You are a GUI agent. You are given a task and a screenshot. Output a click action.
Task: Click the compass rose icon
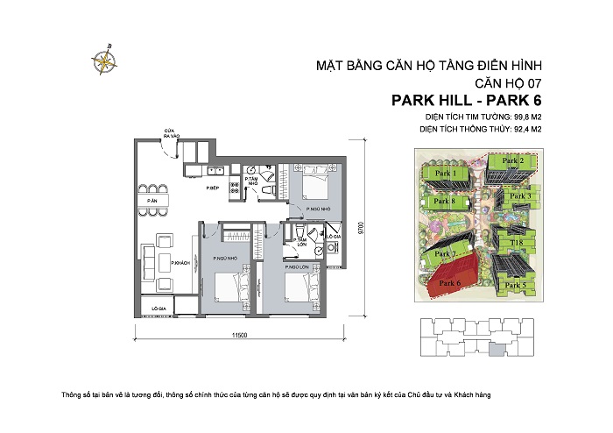(105, 60)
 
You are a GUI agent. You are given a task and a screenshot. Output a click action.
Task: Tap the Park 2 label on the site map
(512, 161)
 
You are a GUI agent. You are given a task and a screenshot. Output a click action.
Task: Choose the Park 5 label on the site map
(517, 285)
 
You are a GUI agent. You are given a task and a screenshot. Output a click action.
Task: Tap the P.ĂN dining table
(152, 201)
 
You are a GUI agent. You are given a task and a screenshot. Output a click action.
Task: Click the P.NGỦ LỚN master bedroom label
(299, 259)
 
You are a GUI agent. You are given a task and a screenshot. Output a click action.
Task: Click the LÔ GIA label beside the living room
(159, 309)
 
